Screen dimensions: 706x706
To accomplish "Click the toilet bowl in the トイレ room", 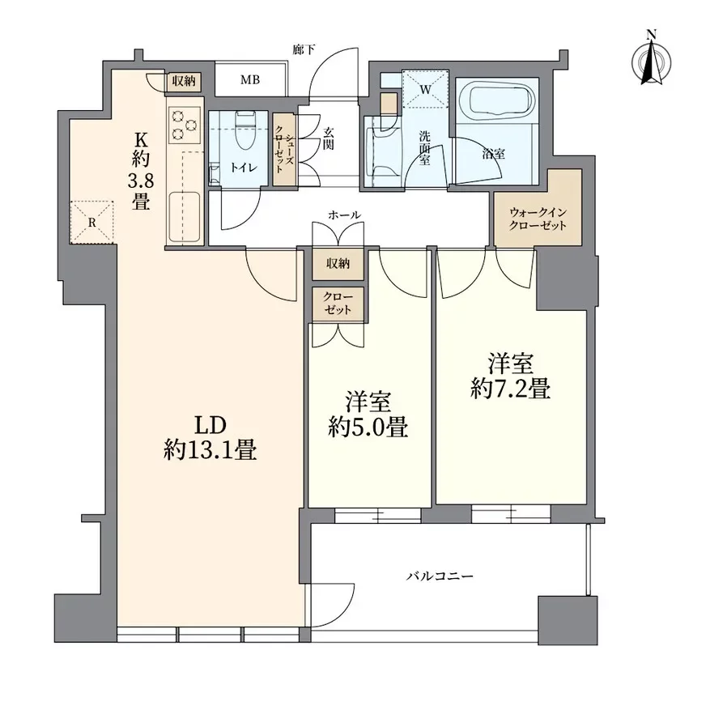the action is click(x=245, y=130).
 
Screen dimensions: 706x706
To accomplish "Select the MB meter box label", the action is click(x=250, y=80).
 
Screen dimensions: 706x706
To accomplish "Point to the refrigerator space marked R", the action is click(x=91, y=223).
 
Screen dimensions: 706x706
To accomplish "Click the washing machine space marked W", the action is click(x=426, y=89).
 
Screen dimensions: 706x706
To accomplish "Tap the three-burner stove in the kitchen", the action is click(x=184, y=125).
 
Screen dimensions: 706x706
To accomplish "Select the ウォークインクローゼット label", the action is click(x=537, y=219).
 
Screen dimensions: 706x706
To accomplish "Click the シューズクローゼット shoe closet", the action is click(x=284, y=149).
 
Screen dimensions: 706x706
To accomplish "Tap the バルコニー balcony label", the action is click(x=440, y=576).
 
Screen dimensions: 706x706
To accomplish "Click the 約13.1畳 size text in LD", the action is click(x=210, y=449).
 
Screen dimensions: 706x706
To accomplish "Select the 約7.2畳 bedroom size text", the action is click(x=510, y=388).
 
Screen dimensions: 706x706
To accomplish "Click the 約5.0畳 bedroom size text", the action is click(x=368, y=427).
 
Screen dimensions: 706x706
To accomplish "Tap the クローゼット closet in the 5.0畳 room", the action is click(x=338, y=304).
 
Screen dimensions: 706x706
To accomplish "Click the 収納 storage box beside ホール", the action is click(x=338, y=263).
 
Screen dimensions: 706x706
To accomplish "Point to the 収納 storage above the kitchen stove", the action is click(x=184, y=82).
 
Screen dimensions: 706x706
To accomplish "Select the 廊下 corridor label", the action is click(x=304, y=49).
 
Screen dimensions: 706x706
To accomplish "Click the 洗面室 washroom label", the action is click(x=424, y=147).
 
